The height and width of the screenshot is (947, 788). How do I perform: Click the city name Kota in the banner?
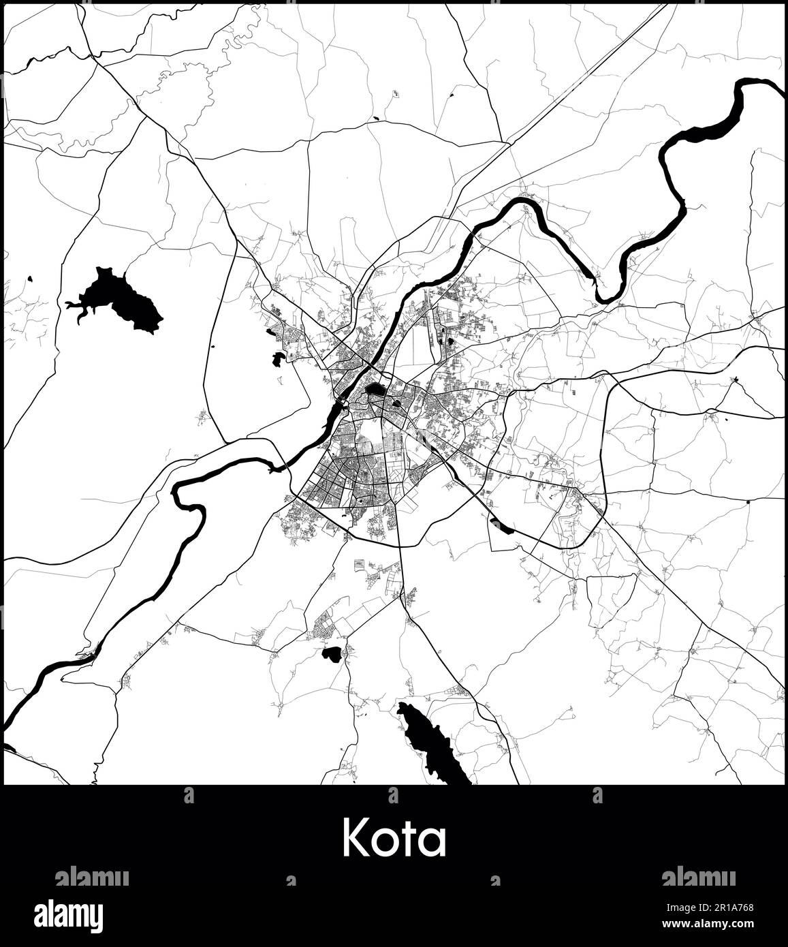pos(394,838)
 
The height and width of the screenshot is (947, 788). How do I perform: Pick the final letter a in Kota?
pos(434,843)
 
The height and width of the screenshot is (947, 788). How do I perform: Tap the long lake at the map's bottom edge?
pos(432,743)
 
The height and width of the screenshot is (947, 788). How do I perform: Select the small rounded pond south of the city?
pos(331,654)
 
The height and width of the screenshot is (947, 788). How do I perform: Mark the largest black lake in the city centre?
pos(375,391)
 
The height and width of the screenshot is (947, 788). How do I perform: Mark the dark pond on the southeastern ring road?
pos(502,525)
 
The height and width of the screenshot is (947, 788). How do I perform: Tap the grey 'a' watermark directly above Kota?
pos(393,795)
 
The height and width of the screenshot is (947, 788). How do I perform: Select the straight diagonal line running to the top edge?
pos(586,75)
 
